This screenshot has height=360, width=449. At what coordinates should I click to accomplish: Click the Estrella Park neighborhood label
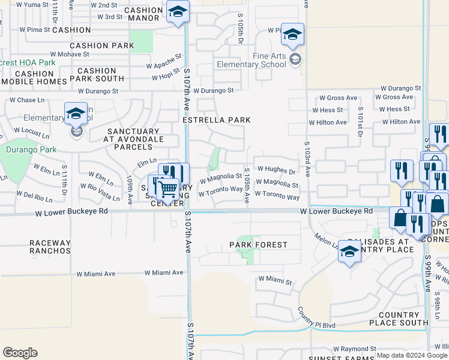[x=217, y=120]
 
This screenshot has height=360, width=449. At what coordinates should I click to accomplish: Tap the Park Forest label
[x=258, y=245]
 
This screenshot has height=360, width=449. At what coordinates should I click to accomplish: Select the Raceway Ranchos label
[x=50, y=247]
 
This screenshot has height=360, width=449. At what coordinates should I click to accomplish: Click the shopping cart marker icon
[x=169, y=189]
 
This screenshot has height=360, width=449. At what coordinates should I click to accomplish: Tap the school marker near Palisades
[x=349, y=252]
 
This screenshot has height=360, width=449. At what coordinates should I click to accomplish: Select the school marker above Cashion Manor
[x=178, y=11]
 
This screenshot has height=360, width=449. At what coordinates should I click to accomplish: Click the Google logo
[x=20, y=353]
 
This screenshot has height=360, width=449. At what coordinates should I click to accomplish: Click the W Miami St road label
[x=275, y=280]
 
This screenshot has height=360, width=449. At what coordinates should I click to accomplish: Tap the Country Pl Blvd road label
[x=316, y=325]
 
